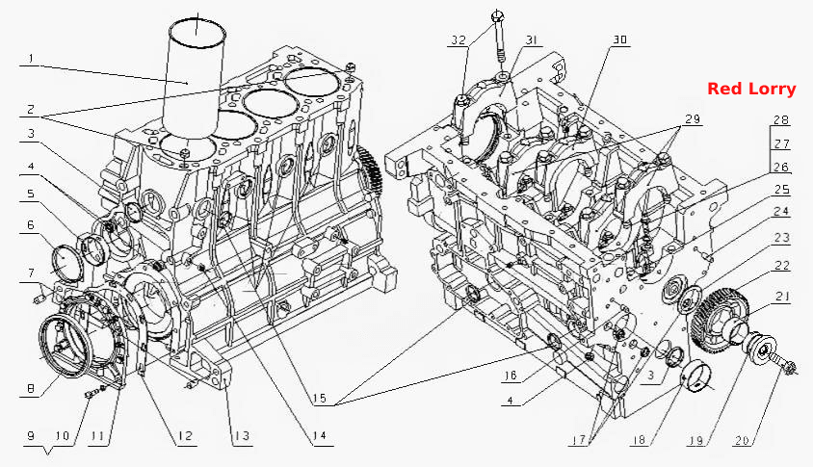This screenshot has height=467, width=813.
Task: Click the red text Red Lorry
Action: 751,90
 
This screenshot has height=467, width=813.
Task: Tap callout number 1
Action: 31,59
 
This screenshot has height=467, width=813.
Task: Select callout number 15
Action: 320,398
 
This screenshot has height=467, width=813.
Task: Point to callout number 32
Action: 459,40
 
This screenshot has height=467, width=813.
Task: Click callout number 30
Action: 619,39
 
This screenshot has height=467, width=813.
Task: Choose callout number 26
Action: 781,167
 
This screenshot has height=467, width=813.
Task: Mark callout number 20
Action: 742,441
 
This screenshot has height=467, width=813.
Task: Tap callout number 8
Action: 31,389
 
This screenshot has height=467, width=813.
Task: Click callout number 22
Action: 782,266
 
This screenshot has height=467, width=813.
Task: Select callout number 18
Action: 639,439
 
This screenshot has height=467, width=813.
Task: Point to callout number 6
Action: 31,224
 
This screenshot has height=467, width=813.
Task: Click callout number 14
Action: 320,436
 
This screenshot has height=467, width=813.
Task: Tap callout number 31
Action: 532,39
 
